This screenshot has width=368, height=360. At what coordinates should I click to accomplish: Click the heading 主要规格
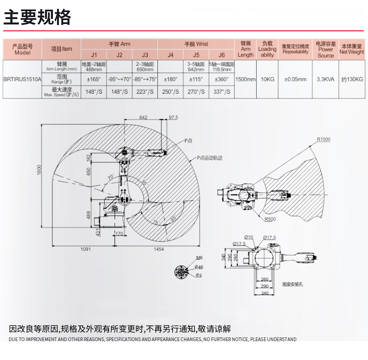coord(38,17)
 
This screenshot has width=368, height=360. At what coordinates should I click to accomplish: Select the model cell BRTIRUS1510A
coord(22,79)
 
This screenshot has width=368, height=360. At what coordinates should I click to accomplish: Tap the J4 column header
coord(170,55)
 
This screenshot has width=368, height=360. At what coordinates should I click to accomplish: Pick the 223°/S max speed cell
coord(145,92)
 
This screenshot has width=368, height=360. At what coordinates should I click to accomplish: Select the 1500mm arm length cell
coord(246,79)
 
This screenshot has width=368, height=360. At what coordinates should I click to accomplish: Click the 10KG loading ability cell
coord(267,79)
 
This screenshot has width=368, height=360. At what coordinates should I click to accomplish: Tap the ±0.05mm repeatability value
coord(295,79)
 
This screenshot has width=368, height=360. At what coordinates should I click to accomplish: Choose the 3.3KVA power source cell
coord(326,79)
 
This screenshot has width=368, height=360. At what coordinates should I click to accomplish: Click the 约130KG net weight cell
coord(352,79)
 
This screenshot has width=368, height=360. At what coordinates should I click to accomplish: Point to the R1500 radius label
coord(323,139)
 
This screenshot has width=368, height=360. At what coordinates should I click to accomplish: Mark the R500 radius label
coord(270,219)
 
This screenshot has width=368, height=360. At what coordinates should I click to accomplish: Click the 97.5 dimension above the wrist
coord(173,118)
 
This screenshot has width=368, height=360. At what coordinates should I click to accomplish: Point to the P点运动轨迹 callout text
coord(209,157)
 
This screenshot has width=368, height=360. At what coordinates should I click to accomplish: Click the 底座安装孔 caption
coord(293,285)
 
